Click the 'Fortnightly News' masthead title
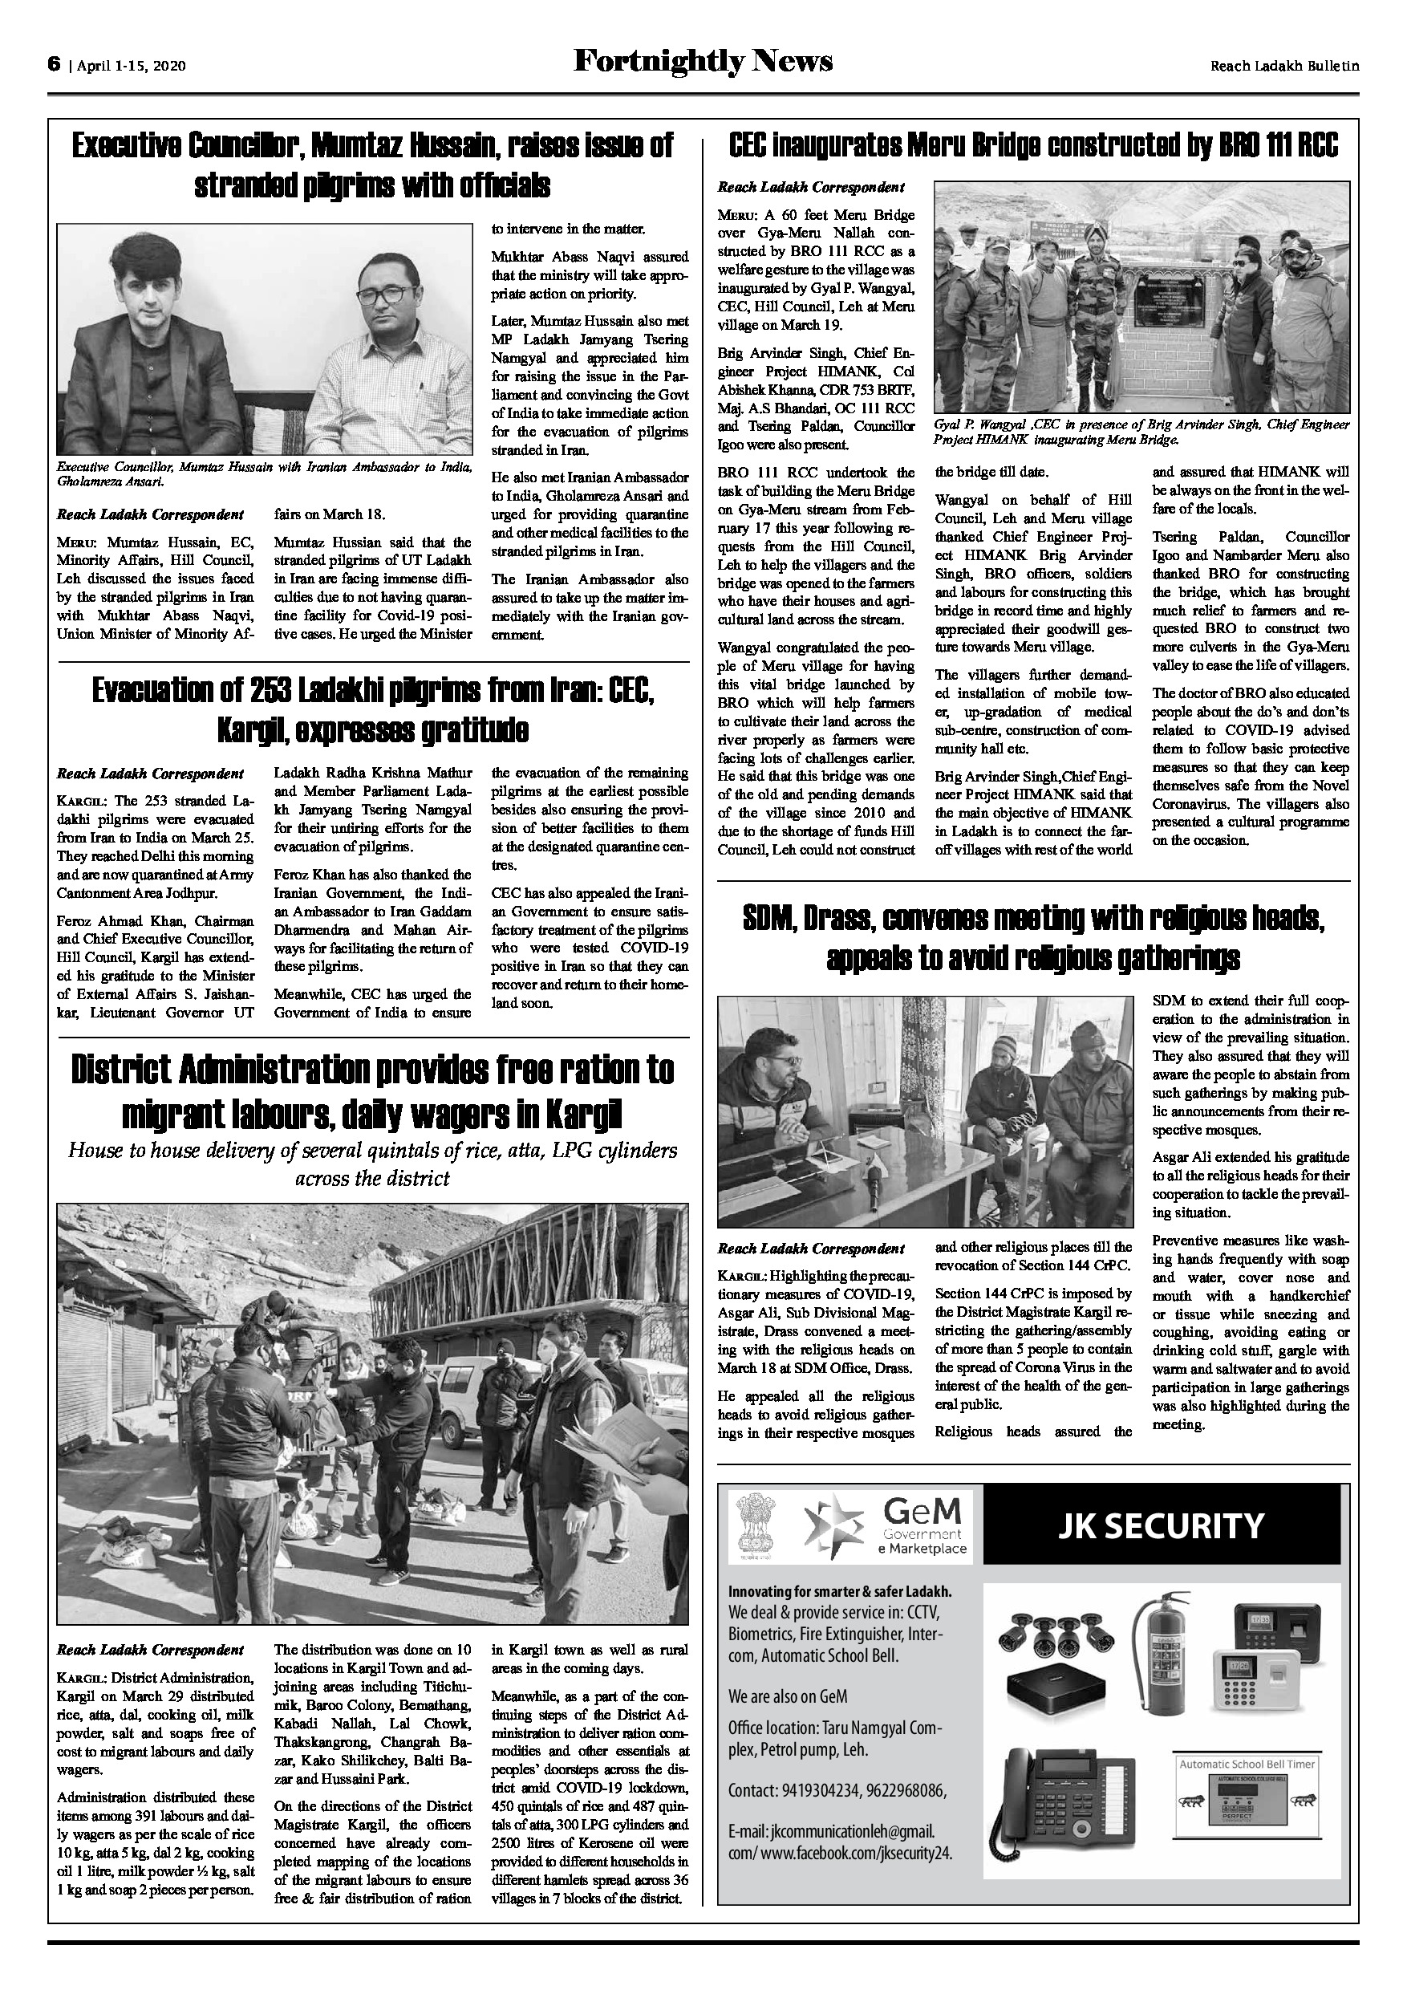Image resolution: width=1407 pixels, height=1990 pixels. pos(703,61)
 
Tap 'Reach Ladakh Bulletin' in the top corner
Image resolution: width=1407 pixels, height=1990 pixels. pos(1284,66)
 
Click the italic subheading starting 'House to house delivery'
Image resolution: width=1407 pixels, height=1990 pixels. pos(372,1164)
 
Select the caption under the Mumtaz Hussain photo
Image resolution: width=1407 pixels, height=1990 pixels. pos(264,473)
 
